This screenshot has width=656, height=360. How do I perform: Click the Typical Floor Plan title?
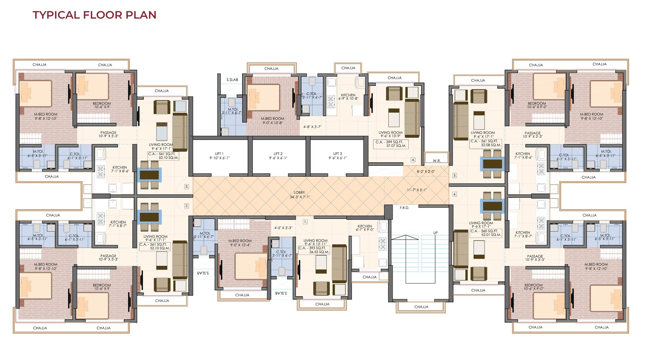point(94,15)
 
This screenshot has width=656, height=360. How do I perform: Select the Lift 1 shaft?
point(220,156)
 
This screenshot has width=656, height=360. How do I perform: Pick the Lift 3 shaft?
point(337,156)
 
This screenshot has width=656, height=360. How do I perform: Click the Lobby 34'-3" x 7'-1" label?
point(299,195)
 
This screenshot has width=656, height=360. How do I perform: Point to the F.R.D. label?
point(404,208)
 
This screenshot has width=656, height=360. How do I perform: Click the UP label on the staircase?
point(435,233)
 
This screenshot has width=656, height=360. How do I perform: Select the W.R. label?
point(437,161)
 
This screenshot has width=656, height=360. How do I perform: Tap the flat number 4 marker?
point(413,160)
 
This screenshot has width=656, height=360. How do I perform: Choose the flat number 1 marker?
point(305,222)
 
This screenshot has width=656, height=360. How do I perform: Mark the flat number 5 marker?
point(455,175)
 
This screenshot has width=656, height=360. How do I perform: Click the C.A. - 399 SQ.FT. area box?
point(391,144)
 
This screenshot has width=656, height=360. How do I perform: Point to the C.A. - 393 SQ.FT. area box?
point(314,250)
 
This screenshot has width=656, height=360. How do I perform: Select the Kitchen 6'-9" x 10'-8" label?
point(348,97)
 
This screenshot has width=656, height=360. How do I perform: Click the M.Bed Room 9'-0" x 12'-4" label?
point(240,243)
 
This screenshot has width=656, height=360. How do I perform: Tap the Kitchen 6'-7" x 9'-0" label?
point(365,228)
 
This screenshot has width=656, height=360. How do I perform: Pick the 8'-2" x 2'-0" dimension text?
point(426,171)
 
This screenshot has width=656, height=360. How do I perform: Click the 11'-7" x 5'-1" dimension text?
point(417,190)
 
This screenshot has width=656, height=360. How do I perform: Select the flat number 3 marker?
point(187,186)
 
